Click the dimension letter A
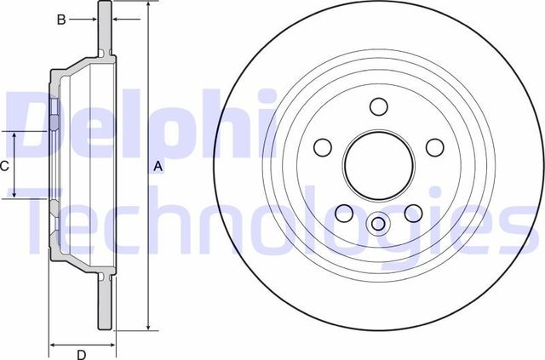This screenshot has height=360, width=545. [158, 168]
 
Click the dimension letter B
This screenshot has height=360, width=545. [61, 20]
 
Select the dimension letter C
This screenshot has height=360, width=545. [4, 166]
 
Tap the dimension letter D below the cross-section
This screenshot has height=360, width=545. [81, 355]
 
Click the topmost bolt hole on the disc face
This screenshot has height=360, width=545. [379, 106]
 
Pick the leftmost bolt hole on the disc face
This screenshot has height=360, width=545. [323, 148]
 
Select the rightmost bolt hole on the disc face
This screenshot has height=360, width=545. [435, 148]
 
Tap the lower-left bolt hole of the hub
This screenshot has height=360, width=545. [344, 213]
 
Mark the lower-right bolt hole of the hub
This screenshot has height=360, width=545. [414, 213]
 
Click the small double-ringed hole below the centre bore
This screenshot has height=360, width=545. [379, 223]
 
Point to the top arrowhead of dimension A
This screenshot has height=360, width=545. [148, 5]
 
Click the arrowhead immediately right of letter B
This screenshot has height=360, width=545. [94, 20]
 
